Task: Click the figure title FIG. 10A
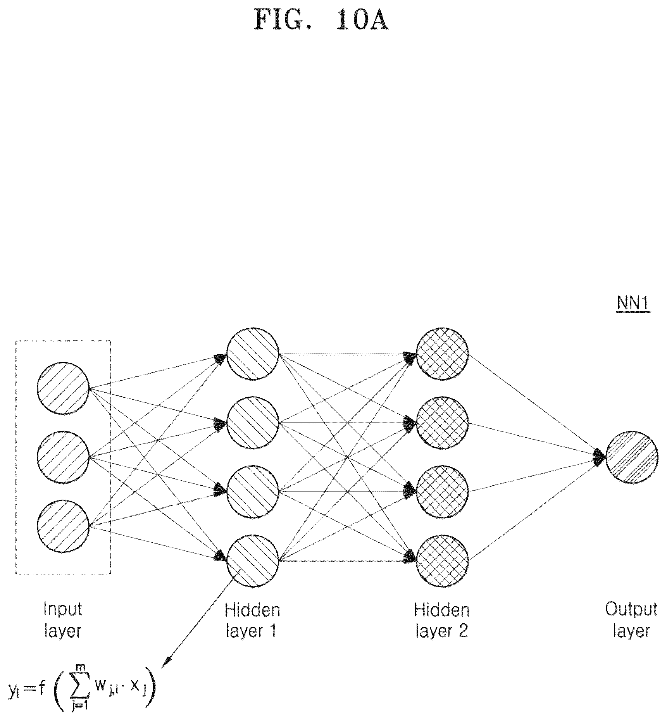tap(321, 20)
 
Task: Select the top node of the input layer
tap(63, 388)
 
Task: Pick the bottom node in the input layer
tap(63, 526)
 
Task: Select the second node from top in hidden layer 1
tap(253, 423)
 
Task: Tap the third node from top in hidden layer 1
tap(253, 492)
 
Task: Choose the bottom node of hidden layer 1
tap(253, 561)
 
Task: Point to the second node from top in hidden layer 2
tap(442, 423)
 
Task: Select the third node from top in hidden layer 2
tap(442, 492)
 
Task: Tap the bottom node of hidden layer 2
tap(442, 561)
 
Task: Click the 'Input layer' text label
tap(63, 620)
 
